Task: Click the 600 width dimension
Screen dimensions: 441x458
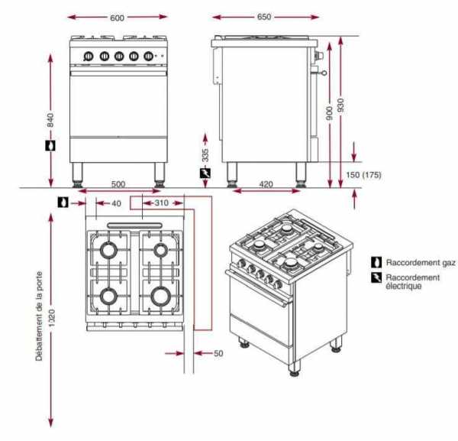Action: tap(117, 18)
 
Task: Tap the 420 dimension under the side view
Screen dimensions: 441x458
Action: tap(266, 183)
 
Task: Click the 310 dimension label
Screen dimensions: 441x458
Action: tap(161, 203)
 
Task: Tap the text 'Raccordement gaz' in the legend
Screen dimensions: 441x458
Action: tap(420, 262)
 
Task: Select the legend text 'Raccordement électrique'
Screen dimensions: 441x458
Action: tap(413, 282)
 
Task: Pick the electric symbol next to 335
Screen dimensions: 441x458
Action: tap(204, 177)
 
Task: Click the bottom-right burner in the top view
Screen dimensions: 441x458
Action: tap(160, 294)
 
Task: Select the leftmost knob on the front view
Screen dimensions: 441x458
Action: tap(88, 56)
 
